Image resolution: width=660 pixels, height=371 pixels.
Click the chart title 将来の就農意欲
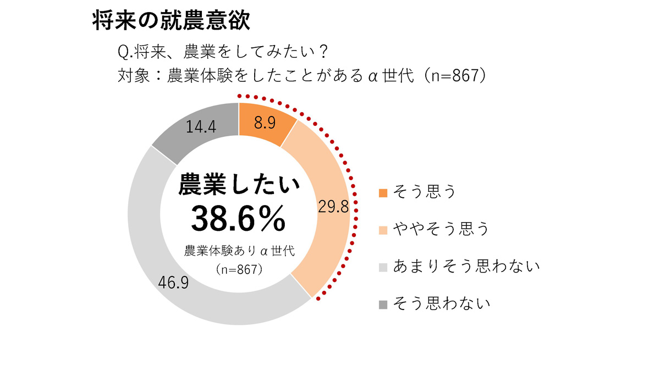(x=171, y=21)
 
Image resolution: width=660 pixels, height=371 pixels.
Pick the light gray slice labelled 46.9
(x=182, y=286)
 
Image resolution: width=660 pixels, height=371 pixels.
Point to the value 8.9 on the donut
(x=265, y=123)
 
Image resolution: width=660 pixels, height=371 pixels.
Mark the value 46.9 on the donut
(x=173, y=283)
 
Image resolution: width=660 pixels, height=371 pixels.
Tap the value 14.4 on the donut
(x=201, y=126)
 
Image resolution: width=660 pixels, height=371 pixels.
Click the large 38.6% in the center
(x=238, y=219)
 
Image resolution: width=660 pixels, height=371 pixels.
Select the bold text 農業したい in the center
(x=239, y=185)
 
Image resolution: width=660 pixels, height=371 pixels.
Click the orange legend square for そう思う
(x=383, y=193)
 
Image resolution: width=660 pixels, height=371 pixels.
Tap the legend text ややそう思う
(x=441, y=229)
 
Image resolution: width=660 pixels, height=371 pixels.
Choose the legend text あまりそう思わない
(x=465, y=266)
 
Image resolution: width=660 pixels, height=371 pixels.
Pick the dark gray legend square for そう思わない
(x=383, y=304)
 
